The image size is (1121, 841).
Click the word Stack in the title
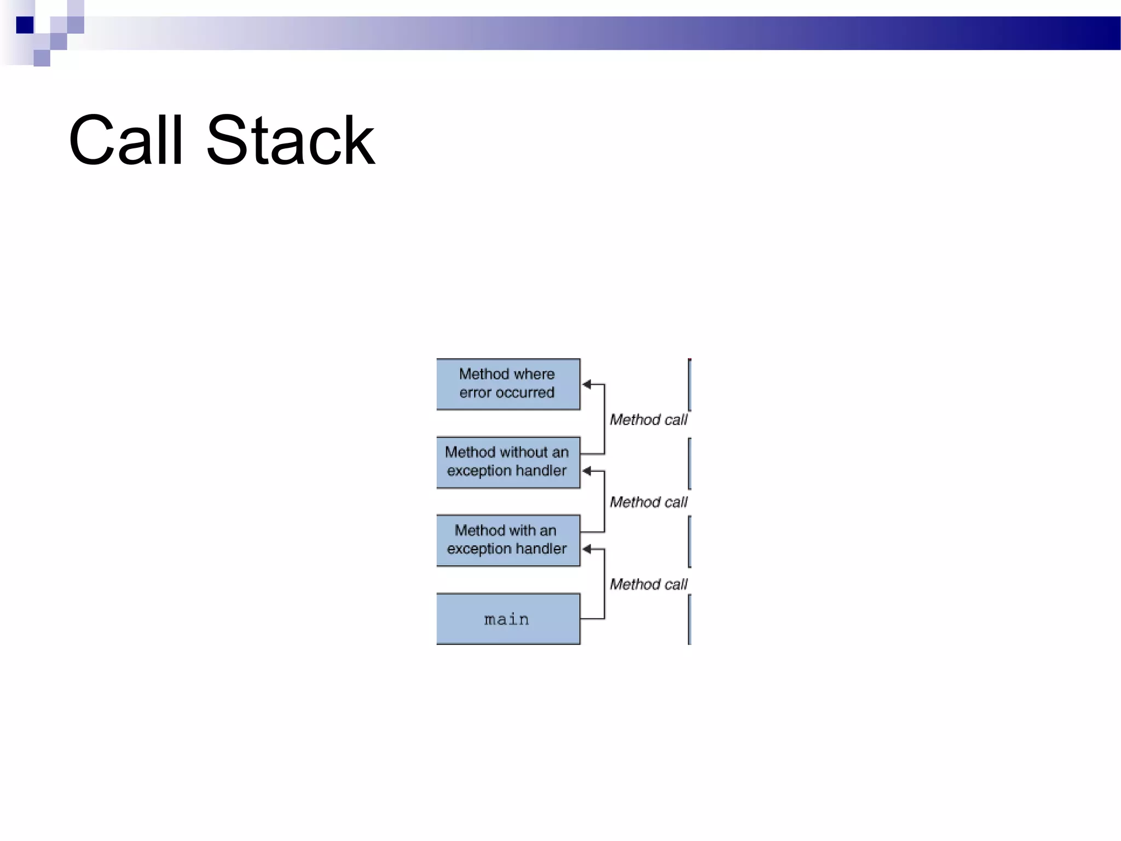coord(290,141)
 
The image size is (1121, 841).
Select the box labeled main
coord(508,619)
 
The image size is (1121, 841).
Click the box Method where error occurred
coord(508,384)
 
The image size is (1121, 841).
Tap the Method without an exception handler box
coord(508,462)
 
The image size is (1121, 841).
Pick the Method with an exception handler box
coord(508,540)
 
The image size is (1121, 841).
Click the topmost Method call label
coord(648,420)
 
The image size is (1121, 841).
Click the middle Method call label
coord(648,502)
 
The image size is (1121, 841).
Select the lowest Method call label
coord(648,584)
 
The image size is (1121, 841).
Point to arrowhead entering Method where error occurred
coord(587,384)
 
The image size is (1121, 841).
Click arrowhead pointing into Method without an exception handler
coord(587,471)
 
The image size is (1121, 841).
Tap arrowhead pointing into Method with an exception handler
coord(587,549)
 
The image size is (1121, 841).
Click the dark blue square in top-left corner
coord(25,25)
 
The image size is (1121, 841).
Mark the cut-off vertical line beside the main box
coord(690,619)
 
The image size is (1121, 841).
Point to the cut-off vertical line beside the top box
coord(690,384)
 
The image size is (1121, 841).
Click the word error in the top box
coord(475,393)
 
